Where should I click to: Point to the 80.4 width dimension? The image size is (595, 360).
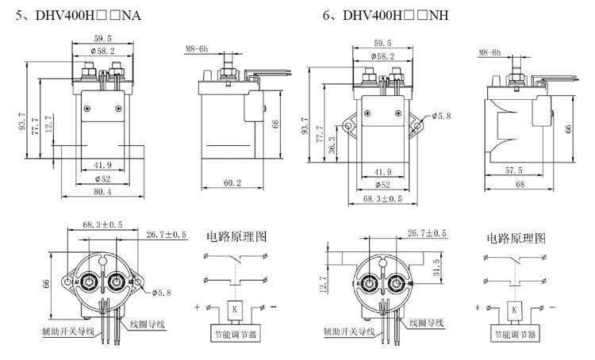(103, 192)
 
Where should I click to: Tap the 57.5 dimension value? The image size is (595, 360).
(515, 170)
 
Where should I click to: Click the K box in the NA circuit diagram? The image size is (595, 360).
(231, 307)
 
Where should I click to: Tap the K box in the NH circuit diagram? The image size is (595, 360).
(514, 308)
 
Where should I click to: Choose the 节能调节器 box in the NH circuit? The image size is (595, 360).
(514, 335)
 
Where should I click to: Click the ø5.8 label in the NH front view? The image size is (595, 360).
(441, 117)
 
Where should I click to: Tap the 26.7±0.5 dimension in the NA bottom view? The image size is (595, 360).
(167, 235)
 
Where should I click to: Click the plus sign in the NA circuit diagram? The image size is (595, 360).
(196, 306)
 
